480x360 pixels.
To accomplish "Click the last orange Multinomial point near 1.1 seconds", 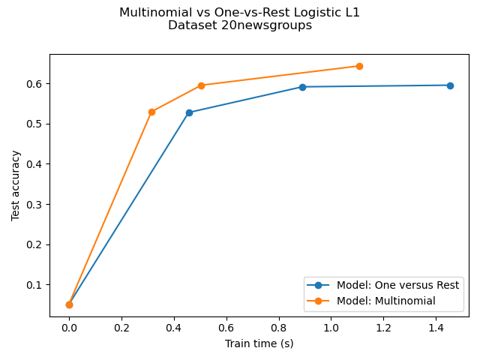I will click(359, 66).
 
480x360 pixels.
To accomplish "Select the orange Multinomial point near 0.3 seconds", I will click(151, 112).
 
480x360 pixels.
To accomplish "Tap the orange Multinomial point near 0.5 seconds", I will click(201, 85).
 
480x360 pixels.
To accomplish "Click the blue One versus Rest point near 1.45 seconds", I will click(450, 85).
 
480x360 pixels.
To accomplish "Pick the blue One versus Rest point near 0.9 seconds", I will click(302, 87).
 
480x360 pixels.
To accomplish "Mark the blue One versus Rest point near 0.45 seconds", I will click(189, 112).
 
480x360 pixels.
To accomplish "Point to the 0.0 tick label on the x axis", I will click(69, 328).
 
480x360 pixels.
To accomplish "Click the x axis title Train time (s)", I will click(259, 343).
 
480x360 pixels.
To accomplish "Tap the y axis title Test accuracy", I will click(16, 185).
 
